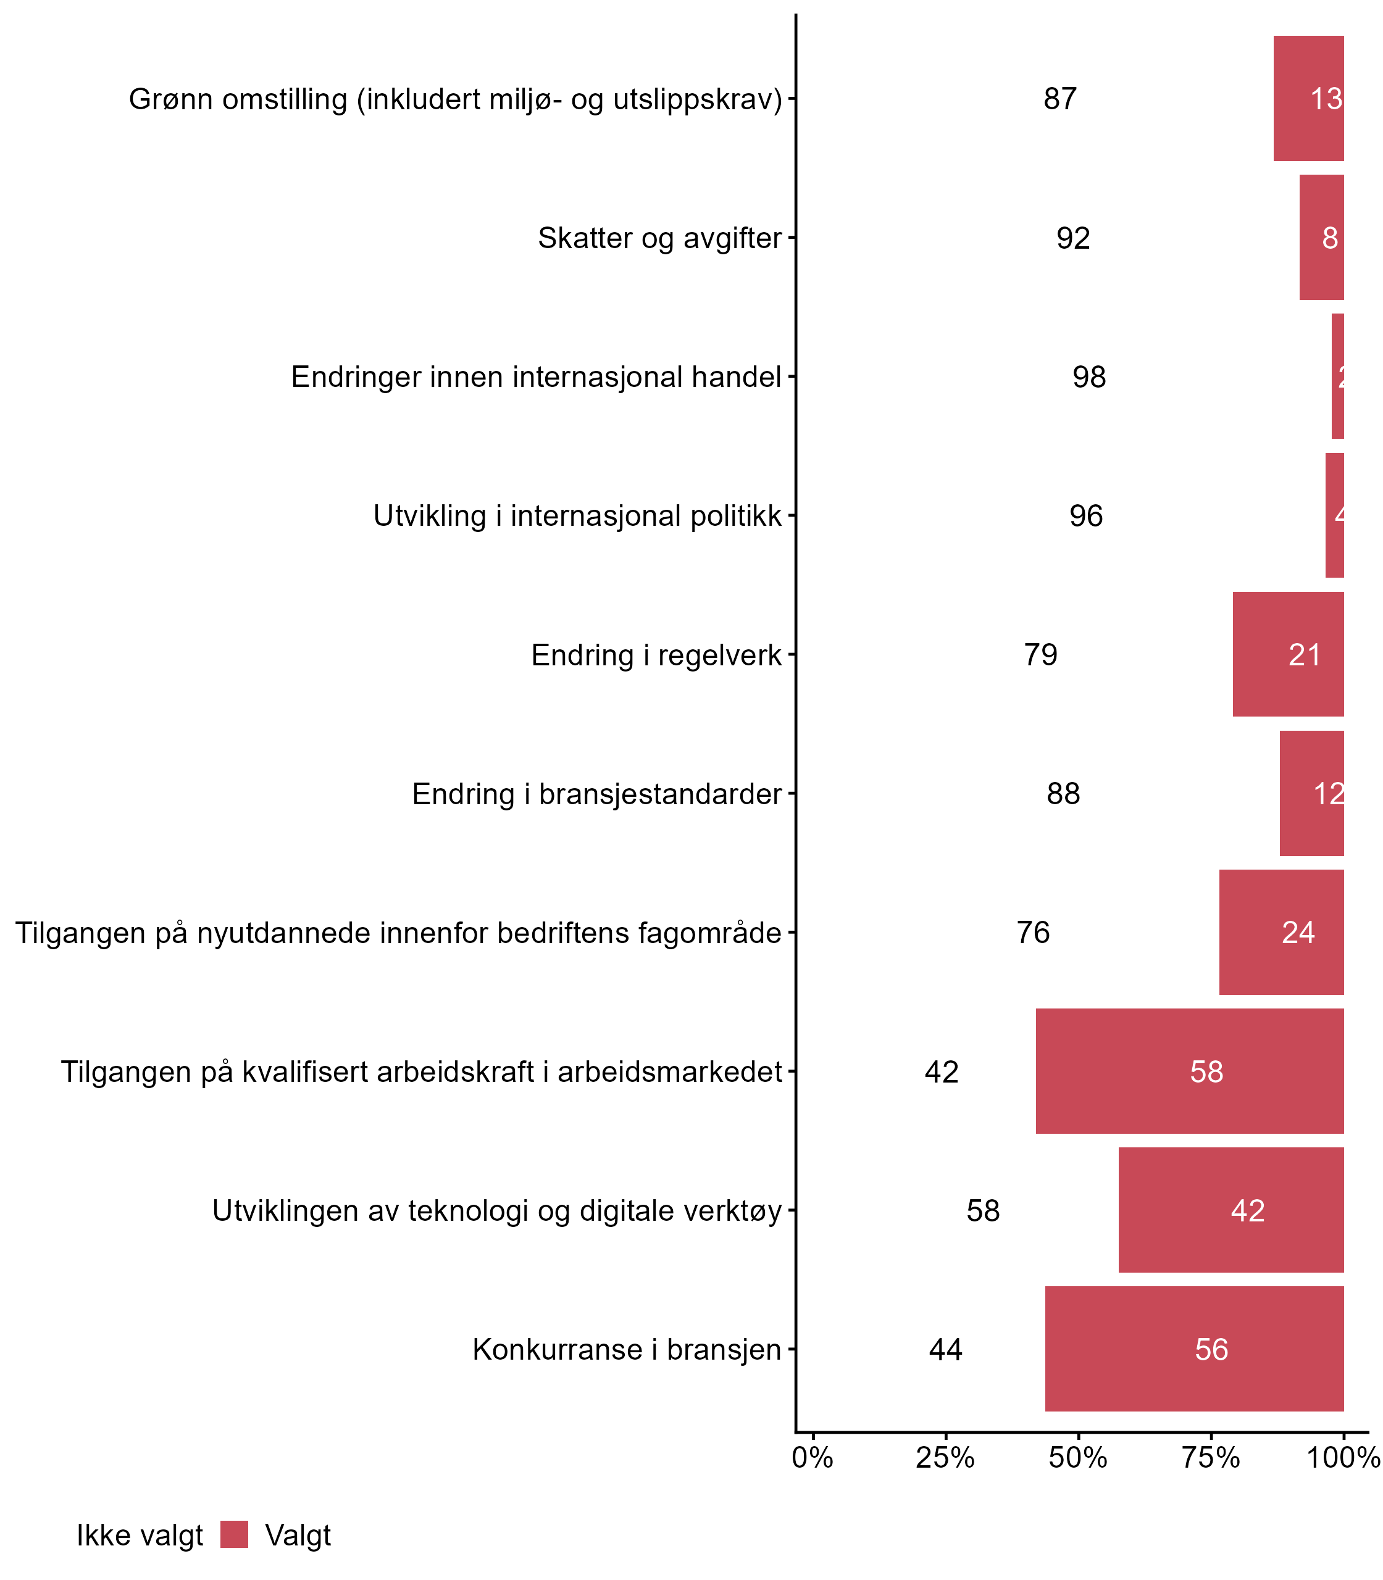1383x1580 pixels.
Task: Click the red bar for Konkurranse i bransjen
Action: [1194, 1349]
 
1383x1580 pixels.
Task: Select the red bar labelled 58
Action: [1189, 1071]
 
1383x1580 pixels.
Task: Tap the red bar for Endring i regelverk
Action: [1288, 655]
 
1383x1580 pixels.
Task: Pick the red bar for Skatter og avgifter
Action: [1321, 238]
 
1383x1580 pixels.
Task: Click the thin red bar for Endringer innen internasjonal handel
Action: [1337, 376]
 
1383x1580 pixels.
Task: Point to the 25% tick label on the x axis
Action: [945, 1458]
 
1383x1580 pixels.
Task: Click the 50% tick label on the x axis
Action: [1078, 1458]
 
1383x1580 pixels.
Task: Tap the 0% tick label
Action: [813, 1458]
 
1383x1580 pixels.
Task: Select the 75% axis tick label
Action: [1211, 1458]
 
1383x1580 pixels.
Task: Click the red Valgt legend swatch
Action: [234, 1534]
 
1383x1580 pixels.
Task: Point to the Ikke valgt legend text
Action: [140, 1536]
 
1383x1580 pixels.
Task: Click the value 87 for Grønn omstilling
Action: [1059, 99]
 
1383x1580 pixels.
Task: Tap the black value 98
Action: [1089, 376]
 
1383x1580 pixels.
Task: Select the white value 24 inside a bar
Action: [1298, 933]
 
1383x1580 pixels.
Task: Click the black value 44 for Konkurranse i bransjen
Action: [945, 1349]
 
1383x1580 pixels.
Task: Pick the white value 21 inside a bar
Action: [1304, 655]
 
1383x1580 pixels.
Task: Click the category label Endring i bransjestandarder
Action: [596, 794]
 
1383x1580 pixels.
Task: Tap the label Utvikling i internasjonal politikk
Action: [577, 516]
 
